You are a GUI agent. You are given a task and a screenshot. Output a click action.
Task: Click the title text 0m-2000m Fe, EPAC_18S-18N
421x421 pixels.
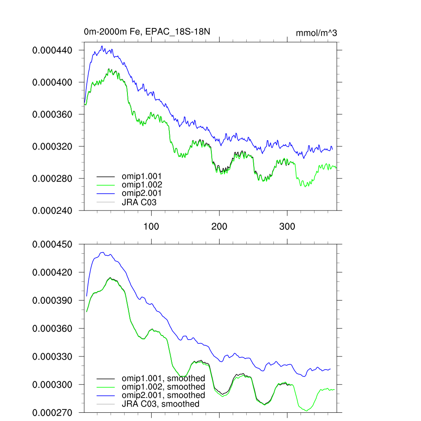(147, 32)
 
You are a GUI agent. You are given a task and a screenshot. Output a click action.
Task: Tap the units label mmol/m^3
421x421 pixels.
(316, 33)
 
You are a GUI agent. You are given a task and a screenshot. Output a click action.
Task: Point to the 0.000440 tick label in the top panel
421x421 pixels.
(52, 50)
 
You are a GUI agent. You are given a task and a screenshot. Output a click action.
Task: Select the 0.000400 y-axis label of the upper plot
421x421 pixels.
(52, 82)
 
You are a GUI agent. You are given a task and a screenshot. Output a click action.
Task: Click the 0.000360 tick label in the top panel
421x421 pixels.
(52, 114)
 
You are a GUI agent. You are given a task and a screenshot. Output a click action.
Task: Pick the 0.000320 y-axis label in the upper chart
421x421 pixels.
(52, 146)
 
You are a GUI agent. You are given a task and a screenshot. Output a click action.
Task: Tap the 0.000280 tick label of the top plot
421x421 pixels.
(52, 178)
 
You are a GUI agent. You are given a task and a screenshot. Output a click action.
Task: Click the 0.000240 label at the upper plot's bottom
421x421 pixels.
(52, 210)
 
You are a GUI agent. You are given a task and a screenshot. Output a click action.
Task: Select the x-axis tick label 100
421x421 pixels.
(151, 227)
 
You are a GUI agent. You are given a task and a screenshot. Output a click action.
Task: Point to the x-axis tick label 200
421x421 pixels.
(219, 227)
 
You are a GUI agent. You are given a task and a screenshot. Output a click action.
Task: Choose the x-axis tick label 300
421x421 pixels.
(287, 227)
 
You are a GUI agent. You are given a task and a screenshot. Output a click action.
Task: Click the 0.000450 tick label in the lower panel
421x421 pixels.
(52, 244)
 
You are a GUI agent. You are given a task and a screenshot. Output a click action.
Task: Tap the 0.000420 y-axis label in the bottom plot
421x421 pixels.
(52, 272)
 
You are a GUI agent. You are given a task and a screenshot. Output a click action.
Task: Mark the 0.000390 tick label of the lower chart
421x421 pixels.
(52, 301)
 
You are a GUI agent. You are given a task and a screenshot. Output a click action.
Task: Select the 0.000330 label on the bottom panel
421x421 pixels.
(52, 356)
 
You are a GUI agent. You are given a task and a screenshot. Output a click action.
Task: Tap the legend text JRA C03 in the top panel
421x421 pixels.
(139, 202)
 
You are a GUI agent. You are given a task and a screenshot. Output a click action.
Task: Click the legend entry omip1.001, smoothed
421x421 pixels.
(163, 378)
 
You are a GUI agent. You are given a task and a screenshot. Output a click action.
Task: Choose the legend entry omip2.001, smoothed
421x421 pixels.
(163, 395)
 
